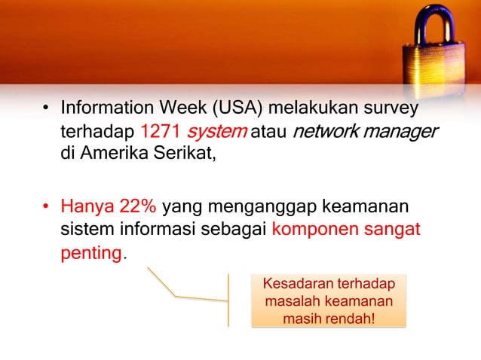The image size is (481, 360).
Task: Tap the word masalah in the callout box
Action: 291,302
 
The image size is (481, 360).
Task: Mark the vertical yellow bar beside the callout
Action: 228,300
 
